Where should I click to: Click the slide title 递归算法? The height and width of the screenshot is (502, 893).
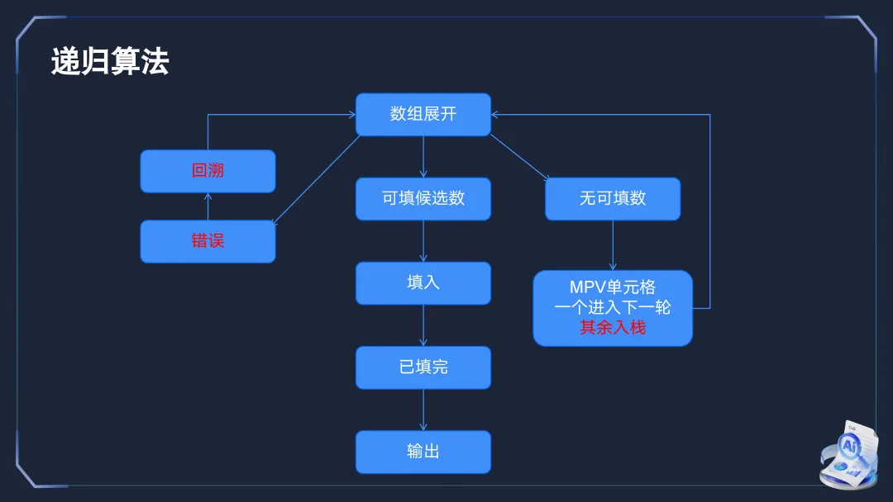110,63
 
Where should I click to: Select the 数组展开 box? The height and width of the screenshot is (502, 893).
423,114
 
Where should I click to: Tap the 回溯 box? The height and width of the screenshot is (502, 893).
208,171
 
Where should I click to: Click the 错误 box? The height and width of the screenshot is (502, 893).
208,241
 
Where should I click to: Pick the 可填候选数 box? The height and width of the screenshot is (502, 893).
423,198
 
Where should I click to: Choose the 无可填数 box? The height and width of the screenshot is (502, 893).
613,198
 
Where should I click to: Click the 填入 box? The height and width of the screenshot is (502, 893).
423,282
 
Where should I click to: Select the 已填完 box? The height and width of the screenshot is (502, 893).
423,367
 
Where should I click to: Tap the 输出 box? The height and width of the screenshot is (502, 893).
423,452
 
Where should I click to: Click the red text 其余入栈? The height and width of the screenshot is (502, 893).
613,328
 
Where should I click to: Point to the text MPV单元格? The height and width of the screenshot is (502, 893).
613,287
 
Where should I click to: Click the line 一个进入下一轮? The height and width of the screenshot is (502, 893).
613,307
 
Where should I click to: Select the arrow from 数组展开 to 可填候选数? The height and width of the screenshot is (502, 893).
423,157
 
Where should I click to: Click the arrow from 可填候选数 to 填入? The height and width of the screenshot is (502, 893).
423,241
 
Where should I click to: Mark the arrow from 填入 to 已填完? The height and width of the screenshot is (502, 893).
423,325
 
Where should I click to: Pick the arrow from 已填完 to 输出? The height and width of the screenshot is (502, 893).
423,410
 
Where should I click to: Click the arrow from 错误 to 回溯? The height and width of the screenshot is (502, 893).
208,206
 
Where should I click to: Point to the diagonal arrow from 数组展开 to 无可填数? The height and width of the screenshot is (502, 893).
519,156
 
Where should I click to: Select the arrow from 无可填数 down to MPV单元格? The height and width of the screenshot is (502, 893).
613,245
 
